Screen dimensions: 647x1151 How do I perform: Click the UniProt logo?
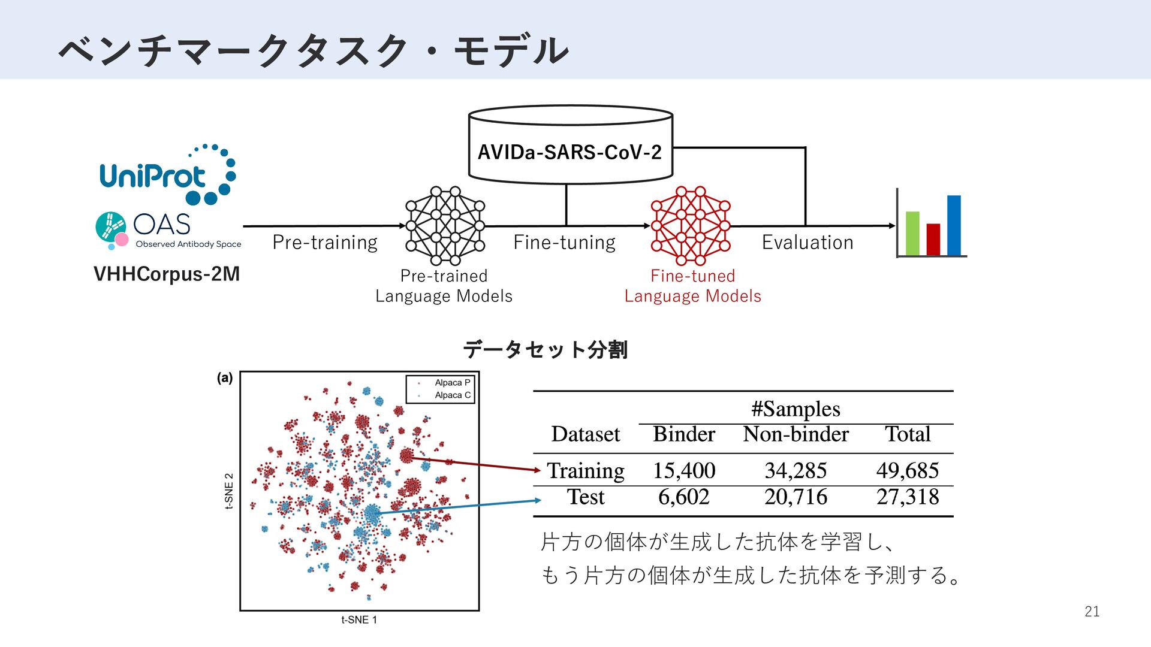coord(167,175)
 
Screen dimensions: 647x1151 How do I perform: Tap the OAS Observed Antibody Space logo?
coord(168,230)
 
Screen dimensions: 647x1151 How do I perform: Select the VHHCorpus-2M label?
coord(167,274)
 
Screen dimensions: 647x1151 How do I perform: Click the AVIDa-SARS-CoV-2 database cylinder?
coord(570,146)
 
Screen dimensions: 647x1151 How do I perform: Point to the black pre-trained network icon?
coord(445,226)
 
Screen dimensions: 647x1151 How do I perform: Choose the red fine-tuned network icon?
coord(691,226)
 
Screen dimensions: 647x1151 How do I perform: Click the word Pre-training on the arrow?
coord(325,242)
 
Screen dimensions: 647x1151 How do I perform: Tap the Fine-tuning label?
coord(564,242)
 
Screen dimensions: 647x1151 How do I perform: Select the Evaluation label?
coord(807,242)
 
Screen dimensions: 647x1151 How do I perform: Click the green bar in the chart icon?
coord(912,233)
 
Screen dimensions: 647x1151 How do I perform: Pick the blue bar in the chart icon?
coord(954,225)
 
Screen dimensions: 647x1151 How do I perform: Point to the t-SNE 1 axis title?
coord(359,620)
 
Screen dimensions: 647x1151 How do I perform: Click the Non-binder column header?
coord(796,434)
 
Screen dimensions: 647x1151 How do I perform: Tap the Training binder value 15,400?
coord(684,471)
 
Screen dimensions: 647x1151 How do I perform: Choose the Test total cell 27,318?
coord(908,497)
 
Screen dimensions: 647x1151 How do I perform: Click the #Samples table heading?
coord(796,409)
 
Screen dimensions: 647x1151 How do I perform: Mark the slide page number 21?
coord(1092,612)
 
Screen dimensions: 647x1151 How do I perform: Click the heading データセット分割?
coord(545,349)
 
